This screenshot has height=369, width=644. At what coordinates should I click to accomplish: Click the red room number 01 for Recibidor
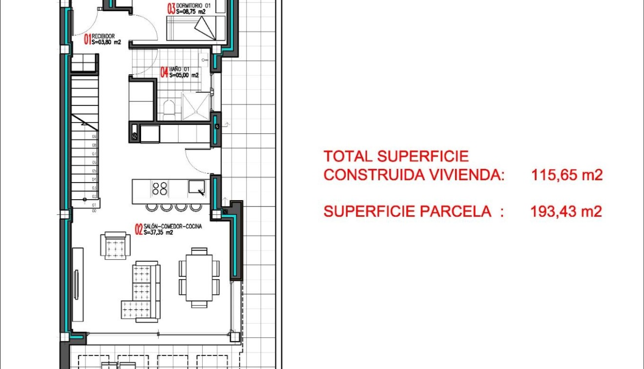click(87, 39)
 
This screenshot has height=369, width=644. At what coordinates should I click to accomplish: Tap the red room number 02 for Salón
click(139, 229)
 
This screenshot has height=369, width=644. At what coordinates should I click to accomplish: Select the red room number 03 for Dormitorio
click(171, 9)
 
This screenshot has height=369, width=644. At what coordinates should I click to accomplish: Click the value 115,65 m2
click(567, 175)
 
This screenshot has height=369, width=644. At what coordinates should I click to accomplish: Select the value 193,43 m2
click(566, 211)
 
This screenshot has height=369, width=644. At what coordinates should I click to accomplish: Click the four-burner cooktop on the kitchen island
click(160, 188)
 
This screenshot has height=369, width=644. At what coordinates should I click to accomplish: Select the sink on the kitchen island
click(198, 187)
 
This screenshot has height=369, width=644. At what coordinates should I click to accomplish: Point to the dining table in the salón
click(199, 277)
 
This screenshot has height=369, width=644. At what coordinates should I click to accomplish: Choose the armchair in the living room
click(116, 245)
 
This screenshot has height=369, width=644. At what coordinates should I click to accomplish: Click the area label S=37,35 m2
click(158, 233)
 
